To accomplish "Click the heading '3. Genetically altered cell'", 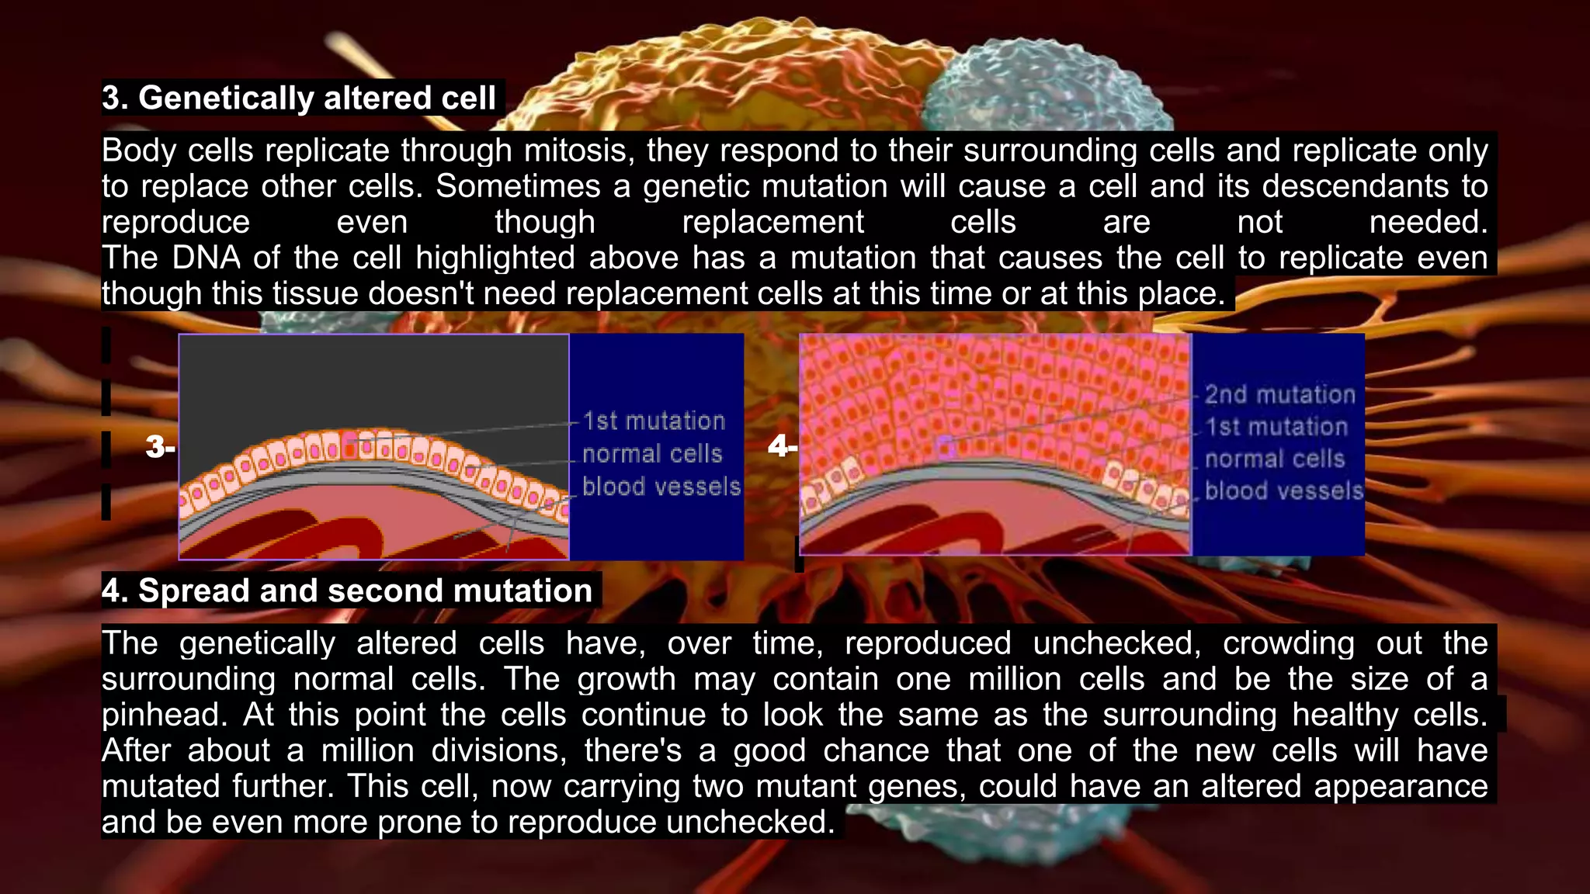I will point(299,98).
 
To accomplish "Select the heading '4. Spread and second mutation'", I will point(347,591).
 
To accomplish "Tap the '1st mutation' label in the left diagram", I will point(654,421).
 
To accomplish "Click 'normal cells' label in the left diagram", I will point(652,453).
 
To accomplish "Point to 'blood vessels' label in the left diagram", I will point(661,487).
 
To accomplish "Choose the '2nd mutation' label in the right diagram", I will point(1279,394).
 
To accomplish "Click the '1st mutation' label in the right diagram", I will point(1276,426).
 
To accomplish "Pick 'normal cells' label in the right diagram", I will point(1275,459).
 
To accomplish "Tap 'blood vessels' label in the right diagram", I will point(1284,490).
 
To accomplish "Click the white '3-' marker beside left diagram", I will point(160,447).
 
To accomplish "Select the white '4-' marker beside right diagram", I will point(782,445).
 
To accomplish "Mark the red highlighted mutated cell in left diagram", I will point(351,447).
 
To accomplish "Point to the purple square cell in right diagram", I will point(946,447).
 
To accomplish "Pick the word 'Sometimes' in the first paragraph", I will point(518,186).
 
